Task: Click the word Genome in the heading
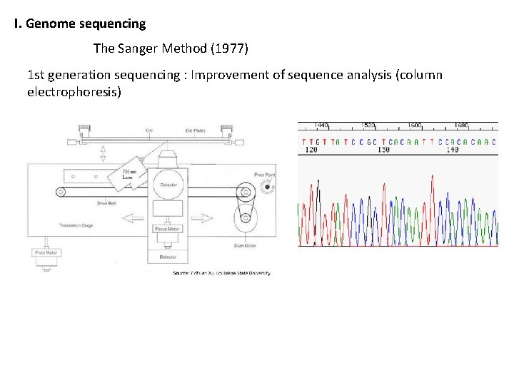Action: coord(52,24)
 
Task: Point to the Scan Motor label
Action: coord(244,247)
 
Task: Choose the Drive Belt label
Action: coord(107,202)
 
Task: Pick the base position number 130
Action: coord(383,150)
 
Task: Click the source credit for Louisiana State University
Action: coord(221,273)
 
